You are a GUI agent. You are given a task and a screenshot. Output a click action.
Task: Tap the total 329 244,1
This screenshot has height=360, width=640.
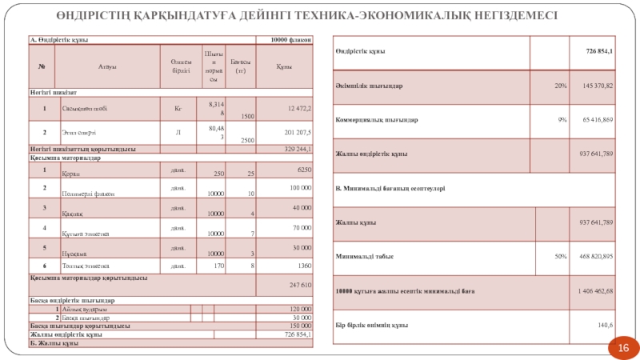[x=298, y=149]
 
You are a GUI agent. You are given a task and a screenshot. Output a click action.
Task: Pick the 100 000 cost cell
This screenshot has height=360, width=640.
[x=299, y=186]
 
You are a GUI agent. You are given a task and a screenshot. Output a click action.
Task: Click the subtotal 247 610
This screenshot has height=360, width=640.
[x=299, y=285]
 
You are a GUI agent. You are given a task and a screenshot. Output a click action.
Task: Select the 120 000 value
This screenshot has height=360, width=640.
[x=299, y=309]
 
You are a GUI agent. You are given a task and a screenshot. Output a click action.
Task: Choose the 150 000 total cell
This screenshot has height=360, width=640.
[x=299, y=326]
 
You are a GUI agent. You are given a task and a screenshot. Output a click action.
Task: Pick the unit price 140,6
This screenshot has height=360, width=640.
[x=605, y=325]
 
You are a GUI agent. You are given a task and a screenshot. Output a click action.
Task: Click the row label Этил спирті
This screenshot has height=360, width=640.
[x=78, y=132]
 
